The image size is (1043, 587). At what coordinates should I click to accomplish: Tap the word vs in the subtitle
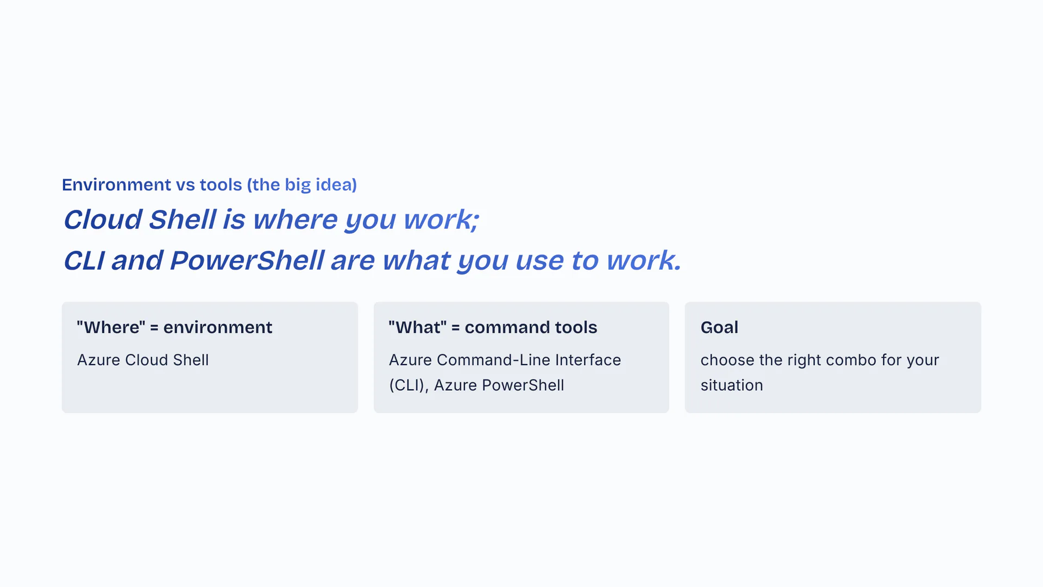(x=185, y=185)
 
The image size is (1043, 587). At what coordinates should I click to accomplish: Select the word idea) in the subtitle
(x=336, y=185)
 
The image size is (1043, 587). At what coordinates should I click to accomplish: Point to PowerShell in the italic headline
(x=247, y=260)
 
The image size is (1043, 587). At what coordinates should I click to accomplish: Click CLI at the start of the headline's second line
(x=84, y=260)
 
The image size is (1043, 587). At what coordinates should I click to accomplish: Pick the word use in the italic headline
(x=540, y=260)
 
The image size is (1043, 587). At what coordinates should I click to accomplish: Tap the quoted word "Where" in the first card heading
(x=111, y=327)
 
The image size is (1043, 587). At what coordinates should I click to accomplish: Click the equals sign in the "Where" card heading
(x=154, y=327)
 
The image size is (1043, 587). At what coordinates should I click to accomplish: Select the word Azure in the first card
(x=98, y=360)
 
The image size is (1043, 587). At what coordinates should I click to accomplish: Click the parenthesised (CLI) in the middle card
(x=409, y=385)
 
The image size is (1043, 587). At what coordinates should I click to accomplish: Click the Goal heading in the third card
(x=719, y=327)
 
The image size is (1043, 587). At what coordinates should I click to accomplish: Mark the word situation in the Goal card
(x=732, y=385)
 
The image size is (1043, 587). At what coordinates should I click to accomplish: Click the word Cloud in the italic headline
(x=103, y=220)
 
